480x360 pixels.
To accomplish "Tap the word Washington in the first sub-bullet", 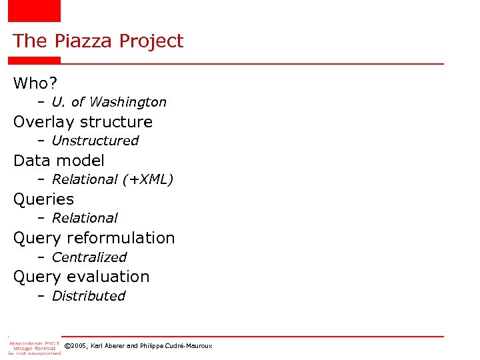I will coord(127,102).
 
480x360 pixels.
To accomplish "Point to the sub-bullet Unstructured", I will coord(95,141).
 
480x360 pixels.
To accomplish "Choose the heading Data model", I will coord(59,161).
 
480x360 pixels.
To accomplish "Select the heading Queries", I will coord(43,199).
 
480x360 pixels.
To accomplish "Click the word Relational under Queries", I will coord(85,218).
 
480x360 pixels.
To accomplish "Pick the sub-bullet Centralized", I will coord(89,257).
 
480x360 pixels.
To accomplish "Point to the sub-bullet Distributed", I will coord(88,296).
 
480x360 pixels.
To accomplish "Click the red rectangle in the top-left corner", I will coord(33,11).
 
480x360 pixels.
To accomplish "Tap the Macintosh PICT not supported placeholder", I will coord(34,347).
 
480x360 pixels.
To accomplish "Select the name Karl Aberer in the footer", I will coord(105,346).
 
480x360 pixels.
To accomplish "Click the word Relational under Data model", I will coord(85,179).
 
